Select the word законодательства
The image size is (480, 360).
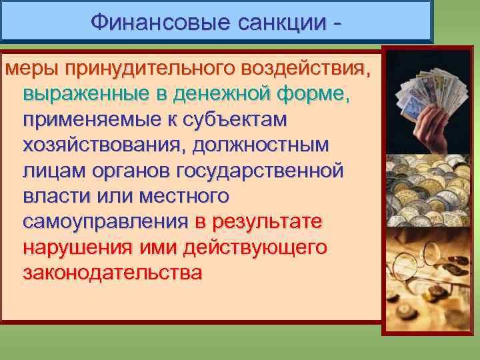[x=112, y=273]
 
